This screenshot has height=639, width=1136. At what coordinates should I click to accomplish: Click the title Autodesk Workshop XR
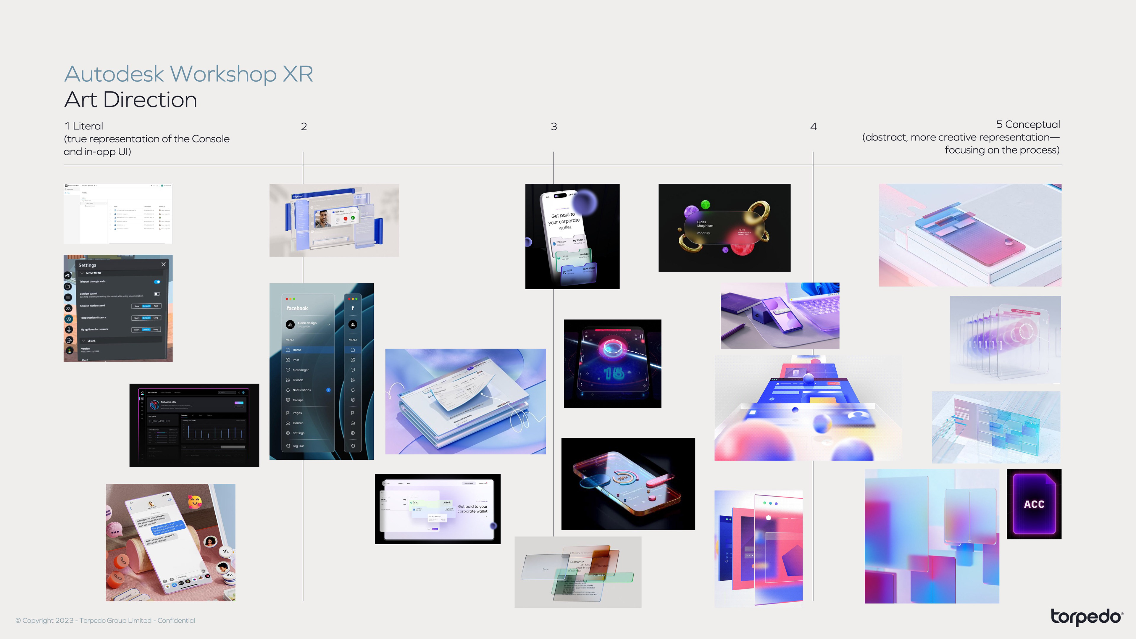click(188, 74)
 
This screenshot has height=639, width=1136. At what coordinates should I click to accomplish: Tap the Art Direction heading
click(130, 100)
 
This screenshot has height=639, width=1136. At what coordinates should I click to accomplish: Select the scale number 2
click(304, 127)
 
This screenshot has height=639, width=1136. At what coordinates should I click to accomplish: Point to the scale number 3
click(554, 127)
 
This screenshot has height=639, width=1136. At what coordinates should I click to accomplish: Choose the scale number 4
click(813, 127)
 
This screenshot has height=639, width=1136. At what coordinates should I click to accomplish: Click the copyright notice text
click(105, 620)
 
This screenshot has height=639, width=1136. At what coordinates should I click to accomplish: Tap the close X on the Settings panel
click(164, 264)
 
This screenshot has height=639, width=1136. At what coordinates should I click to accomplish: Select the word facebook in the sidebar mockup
click(297, 308)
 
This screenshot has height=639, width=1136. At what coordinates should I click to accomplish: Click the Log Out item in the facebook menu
click(298, 446)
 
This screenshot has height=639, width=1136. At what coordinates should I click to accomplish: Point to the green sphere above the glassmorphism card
click(706, 204)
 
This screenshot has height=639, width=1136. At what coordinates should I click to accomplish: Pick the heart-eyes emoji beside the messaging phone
click(194, 501)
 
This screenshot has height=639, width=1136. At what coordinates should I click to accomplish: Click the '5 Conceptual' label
click(1027, 124)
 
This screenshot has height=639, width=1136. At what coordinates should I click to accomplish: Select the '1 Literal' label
click(84, 126)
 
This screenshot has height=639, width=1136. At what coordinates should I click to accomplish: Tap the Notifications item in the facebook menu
click(302, 390)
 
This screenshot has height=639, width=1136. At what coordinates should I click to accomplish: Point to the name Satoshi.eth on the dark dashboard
click(168, 402)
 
